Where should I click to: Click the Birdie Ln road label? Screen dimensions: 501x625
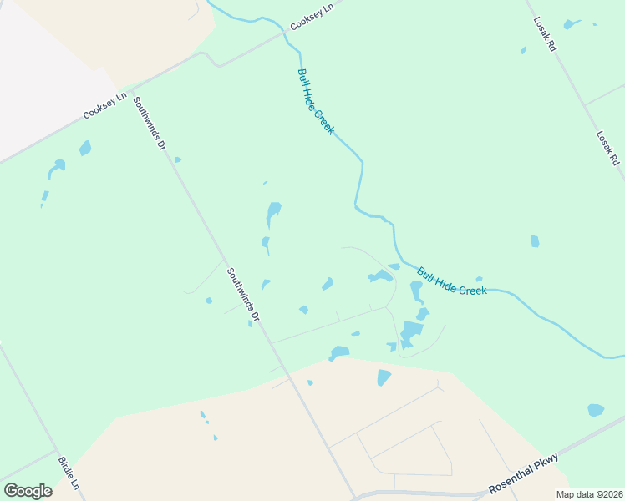click(69, 473)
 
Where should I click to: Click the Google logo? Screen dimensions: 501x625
click(28, 491)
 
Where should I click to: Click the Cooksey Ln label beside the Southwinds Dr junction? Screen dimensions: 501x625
click(104, 105)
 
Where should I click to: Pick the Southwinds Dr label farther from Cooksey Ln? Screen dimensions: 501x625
click(243, 295)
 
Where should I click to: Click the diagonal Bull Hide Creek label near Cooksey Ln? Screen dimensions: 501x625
click(316, 102)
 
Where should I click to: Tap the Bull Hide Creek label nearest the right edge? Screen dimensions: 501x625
click(452, 281)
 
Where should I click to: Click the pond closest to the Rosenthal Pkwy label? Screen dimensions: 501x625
click(595, 410)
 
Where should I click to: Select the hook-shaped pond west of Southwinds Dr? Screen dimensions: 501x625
click(55, 168)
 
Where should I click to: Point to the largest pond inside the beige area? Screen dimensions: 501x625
click(384, 377)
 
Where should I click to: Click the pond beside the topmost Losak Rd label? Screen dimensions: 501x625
click(572, 24)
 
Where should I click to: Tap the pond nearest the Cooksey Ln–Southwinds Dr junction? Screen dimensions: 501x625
click(84, 149)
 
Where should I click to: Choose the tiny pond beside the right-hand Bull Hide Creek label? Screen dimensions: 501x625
click(479, 279)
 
